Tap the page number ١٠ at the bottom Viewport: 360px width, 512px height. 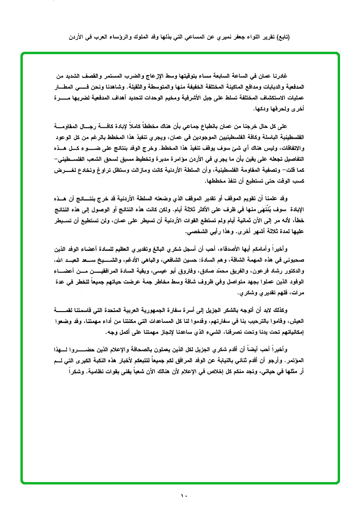pyautogui.click(x=184, y=496)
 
